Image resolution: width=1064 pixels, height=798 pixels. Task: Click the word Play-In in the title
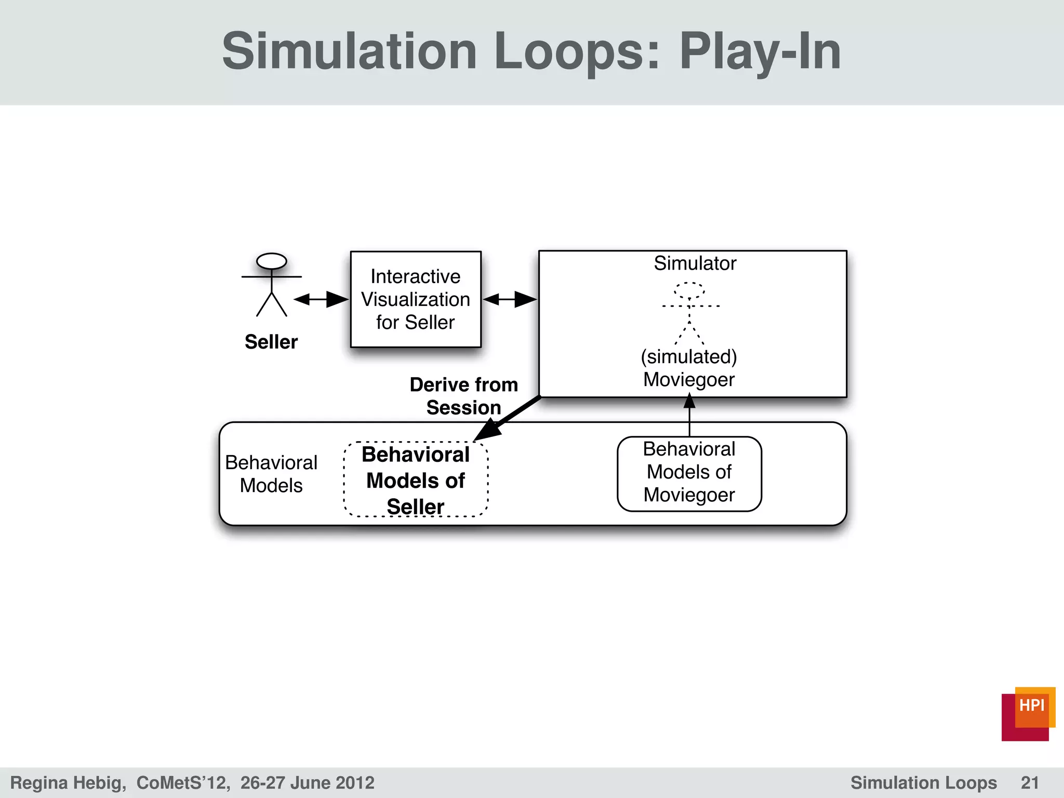tap(760, 52)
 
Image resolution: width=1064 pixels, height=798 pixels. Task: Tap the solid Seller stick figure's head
tap(271, 261)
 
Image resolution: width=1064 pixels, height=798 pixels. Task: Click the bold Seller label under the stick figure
tap(271, 342)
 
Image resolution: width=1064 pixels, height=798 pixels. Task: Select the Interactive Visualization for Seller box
tap(416, 299)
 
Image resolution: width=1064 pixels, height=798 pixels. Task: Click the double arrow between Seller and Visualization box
tap(321, 299)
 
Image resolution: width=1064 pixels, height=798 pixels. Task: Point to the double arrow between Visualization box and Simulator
tap(510, 299)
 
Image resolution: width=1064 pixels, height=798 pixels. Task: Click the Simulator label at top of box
tap(695, 263)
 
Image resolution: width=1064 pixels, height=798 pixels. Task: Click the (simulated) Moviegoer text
tap(689, 368)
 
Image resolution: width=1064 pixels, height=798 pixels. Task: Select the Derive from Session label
tap(463, 396)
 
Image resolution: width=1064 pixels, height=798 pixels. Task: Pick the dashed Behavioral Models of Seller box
tap(416, 480)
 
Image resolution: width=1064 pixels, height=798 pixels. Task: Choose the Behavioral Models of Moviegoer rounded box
tap(689, 473)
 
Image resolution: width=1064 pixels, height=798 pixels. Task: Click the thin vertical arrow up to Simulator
tap(689, 416)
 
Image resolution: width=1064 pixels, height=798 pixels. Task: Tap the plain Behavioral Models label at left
tap(271, 474)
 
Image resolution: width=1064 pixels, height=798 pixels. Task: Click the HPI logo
tap(1028, 714)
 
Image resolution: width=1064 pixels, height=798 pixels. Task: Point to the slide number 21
tap(1030, 782)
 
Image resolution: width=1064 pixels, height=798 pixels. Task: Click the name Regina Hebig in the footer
tap(68, 782)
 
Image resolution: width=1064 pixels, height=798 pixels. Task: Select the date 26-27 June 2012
tap(307, 782)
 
